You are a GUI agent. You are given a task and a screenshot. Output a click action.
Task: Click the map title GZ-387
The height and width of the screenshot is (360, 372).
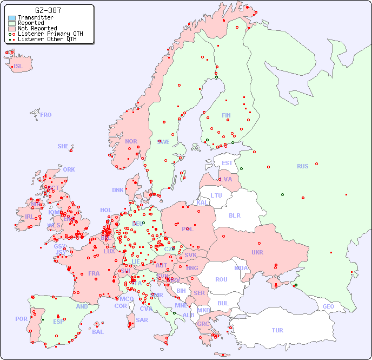click(x=48, y=10)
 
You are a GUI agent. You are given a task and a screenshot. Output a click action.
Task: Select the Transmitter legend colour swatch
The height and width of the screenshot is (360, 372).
click(x=12, y=18)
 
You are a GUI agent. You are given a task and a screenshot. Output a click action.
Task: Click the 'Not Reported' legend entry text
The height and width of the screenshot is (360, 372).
click(x=37, y=28)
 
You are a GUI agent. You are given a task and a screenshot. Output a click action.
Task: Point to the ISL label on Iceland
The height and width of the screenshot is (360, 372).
click(x=18, y=67)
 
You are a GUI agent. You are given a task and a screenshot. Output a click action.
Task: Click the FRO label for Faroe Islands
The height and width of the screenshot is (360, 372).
click(x=46, y=115)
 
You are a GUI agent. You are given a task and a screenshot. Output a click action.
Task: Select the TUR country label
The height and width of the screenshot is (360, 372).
click(x=277, y=330)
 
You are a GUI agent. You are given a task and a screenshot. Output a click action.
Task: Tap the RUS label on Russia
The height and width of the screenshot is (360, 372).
click(x=302, y=166)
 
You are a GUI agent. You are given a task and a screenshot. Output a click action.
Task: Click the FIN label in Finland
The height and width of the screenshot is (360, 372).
click(x=226, y=115)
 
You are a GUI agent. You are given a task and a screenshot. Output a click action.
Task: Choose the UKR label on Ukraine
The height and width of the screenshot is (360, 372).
click(x=257, y=252)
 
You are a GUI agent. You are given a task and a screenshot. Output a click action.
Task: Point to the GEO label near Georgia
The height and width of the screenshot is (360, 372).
click(x=328, y=306)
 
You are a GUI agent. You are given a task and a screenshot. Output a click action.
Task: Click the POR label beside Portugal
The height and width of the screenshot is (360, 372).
click(x=21, y=319)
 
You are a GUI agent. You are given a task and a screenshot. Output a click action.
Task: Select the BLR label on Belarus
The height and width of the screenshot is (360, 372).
click(x=234, y=215)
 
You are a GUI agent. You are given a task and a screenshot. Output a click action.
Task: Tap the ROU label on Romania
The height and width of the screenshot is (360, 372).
click(x=221, y=279)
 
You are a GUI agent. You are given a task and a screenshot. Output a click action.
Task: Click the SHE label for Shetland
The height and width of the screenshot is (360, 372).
click(x=63, y=146)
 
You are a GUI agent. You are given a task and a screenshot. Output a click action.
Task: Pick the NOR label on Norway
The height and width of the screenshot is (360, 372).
click(x=131, y=141)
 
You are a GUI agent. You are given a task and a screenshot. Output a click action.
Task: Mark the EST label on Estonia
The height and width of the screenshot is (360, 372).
click(x=227, y=163)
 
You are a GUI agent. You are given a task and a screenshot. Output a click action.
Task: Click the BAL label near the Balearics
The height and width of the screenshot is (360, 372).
click(x=97, y=332)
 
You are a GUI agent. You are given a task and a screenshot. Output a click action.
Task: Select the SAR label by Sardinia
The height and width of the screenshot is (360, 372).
click(x=142, y=320)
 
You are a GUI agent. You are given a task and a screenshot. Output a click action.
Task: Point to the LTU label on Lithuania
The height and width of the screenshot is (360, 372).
click(x=216, y=195)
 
